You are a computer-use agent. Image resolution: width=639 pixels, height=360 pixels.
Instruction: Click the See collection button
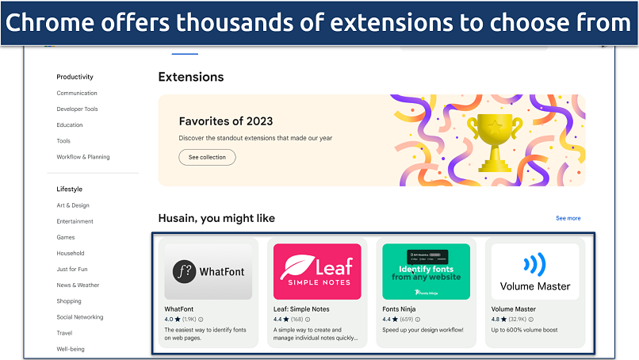pyautogui.click(x=207, y=157)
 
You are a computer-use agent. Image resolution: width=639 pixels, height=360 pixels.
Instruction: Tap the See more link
pyautogui.click(x=568, y=218)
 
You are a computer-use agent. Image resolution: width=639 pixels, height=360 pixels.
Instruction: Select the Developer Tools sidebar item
pyautogui.click(x=77, y=109)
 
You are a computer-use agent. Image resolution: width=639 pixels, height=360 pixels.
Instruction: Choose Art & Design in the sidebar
pyautogui.click(x=73, y=205)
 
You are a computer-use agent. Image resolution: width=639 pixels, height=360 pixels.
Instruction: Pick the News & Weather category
pyautogui.click(x=78, y=285)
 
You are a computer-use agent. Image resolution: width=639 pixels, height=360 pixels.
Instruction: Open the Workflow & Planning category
pyautogui.click(x=83, y=157)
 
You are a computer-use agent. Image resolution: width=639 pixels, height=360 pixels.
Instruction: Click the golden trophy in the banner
pyautogui.click(x=494, y=140)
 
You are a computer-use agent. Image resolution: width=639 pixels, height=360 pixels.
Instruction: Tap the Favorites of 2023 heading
pyautogui.click(x=226, y=121)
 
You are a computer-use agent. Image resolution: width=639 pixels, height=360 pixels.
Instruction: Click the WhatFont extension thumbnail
pyautogui.click(x=209, y=271)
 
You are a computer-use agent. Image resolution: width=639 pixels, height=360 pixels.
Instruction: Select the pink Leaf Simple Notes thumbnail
pyautogui.click(x=317, y=271)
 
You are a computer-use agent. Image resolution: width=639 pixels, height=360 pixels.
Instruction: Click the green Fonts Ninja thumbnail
pyautogui.click(x=426, y=271)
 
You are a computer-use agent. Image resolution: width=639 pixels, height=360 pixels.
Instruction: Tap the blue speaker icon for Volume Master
pyautogui.click(x=535, y=263)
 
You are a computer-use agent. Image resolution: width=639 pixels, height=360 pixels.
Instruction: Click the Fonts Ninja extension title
pyautogui.click(x=400, y=309)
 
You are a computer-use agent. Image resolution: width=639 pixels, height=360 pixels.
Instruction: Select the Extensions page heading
pyautogui.click(x=191, y=77)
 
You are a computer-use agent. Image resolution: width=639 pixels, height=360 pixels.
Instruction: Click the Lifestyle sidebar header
pyautogui.click(x=69, y=190)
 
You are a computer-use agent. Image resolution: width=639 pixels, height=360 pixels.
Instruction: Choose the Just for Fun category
pyautogui.click(x=72, y=270)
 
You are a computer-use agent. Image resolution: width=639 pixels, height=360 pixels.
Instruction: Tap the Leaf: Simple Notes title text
pyautogui.click(x=301, y=309)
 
